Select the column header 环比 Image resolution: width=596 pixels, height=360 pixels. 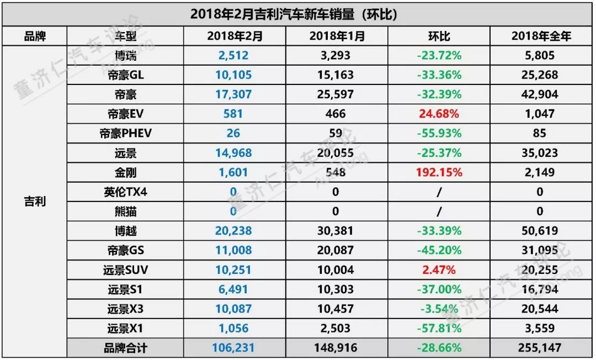(439, 36)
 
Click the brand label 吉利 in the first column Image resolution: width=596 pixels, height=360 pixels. (35, 202)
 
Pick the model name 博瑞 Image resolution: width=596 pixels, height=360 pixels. (125, 55)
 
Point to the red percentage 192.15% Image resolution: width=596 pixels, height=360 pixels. (439, 172)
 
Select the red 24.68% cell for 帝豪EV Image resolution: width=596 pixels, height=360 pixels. (439, 114)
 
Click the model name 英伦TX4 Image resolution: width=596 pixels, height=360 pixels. (125, 192)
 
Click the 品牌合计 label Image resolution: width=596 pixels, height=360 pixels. (125, 348)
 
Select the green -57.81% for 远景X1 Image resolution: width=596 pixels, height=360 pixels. (439, 328)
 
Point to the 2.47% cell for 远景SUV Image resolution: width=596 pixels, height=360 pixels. (439, 269)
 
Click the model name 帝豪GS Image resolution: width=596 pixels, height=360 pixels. (125, 250)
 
